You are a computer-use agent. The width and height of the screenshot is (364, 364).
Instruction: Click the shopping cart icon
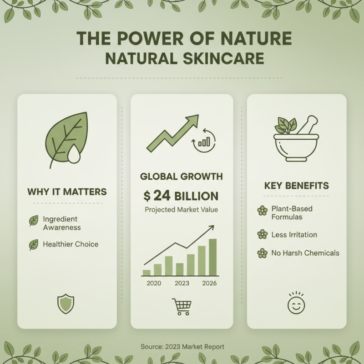182,307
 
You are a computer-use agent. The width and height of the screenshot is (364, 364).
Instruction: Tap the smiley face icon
296,303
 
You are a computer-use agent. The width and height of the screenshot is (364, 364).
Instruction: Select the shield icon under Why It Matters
66,303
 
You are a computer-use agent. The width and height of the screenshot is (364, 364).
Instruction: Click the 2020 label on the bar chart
154,283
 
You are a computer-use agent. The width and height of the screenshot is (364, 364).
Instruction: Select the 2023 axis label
182,283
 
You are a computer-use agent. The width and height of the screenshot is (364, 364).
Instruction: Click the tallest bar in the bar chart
212,257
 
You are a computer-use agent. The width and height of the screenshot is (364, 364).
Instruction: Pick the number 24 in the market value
162,196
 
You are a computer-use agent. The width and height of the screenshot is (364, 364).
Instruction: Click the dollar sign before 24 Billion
147,196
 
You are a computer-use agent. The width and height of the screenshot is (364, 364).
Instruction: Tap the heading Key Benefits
296,186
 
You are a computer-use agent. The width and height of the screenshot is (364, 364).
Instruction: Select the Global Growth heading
182,177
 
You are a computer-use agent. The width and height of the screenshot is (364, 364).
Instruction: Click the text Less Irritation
294,235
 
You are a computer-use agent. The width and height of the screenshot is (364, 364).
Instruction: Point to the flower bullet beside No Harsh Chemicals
262,253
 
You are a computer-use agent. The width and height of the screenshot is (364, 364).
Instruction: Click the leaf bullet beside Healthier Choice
34,245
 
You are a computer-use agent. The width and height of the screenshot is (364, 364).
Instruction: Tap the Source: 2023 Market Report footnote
182,347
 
